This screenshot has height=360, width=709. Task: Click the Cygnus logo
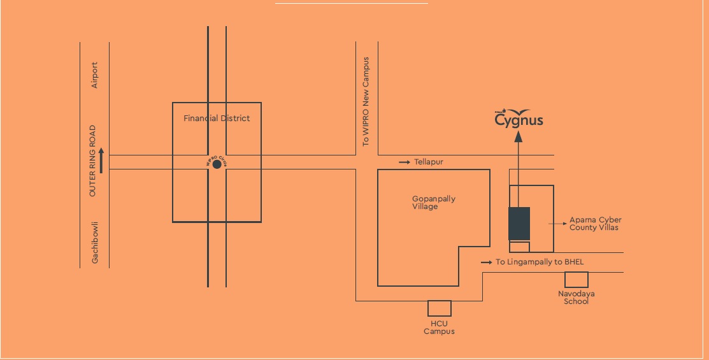point(519,118)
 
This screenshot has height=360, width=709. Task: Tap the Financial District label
point(217,119)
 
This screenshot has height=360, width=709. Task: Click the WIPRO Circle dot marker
point(217,164)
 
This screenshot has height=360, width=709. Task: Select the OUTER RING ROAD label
point(92,160)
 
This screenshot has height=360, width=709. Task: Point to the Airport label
point(95,75)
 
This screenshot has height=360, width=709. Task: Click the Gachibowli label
point(95,243)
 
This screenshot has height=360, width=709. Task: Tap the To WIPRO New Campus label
point(366,102)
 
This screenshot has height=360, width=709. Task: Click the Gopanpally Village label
point(434,203)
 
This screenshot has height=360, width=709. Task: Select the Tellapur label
point(428,162)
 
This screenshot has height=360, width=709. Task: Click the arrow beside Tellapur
point(405,162)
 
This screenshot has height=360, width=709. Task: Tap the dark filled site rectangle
point(519,224)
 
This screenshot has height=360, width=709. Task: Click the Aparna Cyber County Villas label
point(595,224)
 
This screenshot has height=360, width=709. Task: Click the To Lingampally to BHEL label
point(540,262)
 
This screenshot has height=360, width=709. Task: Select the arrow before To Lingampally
point(486,262)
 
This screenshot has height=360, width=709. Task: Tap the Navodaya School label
point(577,298)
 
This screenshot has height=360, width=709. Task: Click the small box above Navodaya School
point(577,280)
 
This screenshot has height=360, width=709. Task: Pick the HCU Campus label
point(440,328)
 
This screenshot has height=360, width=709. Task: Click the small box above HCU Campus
point(440,308)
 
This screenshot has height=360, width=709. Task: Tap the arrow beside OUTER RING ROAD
point(101,163)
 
